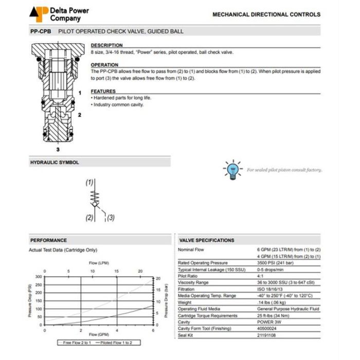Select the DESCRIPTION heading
pyautogui.click(x=106, y=45)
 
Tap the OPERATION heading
pyautogui.click(x=104, y=65)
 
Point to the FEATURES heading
pyautogui.click(x=103, y=91)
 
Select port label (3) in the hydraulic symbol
pyautogui.click(x=111, y=218)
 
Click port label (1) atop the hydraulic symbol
pyautogui.click(x=89, y=183)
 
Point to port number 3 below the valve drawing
pyautogui.click(x=58, y=149)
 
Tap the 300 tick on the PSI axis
pyautogui.click(x=39, y=277)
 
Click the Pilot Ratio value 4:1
pyautogui.click(x=261, y=276)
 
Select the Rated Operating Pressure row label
pyautogui.click(x=203, y=263)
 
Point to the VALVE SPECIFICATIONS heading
pyautogui.click(x=207, y=240)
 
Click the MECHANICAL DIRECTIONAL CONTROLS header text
pyautogui.click(x=266, y=15)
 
